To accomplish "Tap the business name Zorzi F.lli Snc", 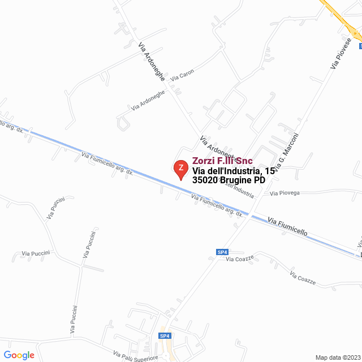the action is click(222, 161).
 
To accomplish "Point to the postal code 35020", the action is click(205, 180).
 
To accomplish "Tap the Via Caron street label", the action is click(182, 76).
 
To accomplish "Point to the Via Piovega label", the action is click(285, 193).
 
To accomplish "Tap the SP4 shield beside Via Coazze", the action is click(222, 252).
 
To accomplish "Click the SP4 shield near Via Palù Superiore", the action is click(165, 336).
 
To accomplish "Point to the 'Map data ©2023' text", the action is click(337, 357).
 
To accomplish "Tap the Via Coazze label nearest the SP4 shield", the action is click(240, 258).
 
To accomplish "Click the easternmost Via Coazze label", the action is click(302, 278).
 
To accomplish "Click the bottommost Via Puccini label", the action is click(74, 318).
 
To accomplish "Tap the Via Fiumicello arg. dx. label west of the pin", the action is click(107, 163).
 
